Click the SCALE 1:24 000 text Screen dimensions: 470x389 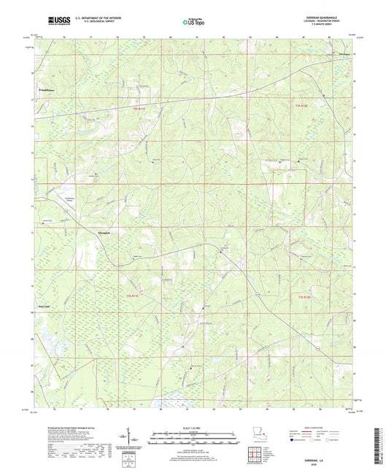point(193,428)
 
